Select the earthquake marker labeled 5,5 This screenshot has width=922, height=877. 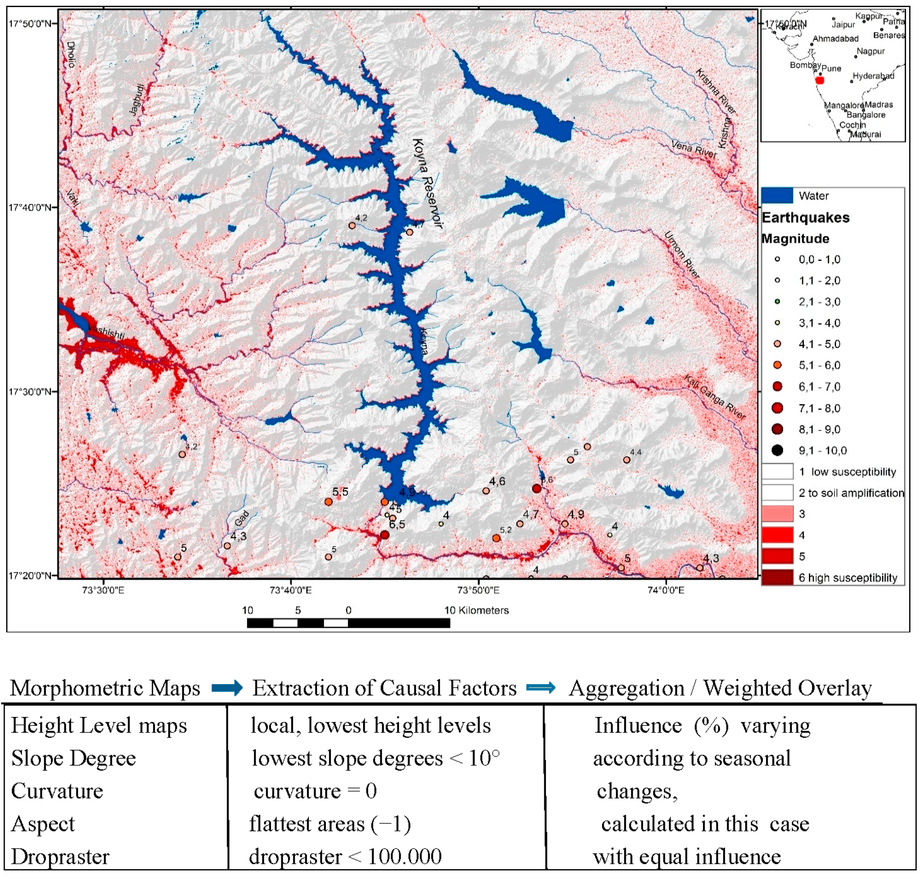tap(329, 502)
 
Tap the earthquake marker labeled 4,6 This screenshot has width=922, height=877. tap(486, 491)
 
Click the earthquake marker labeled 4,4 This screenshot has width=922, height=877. tap(627, 460)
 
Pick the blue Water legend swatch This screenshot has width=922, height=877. tap(777, 196)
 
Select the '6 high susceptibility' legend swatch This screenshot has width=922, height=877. tap(777, 577)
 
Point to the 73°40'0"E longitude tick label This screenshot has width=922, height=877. tap(290, 590)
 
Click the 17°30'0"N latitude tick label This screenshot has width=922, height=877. tap(30, 391)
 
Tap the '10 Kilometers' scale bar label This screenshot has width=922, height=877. tap(476, 610)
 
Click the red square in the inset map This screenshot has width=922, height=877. tap(820, 80)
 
